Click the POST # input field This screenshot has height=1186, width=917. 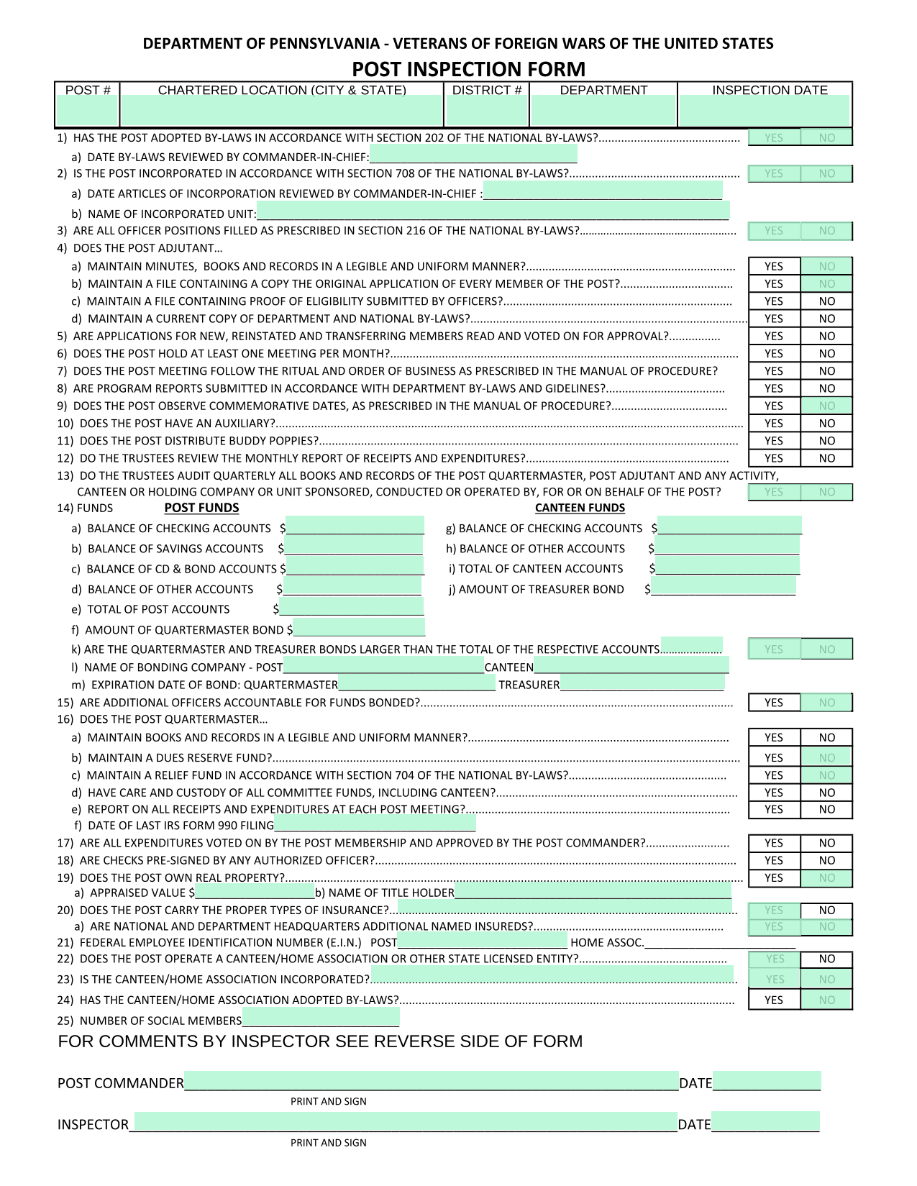(87, 111)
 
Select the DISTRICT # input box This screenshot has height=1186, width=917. (487, 111)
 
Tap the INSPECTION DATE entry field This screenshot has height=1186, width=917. (765, 111)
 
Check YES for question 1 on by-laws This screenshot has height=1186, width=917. (774, 137)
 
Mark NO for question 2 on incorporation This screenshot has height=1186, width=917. (827, 173)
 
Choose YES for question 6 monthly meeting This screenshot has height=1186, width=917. (774, 354)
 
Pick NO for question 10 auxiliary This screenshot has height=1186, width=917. (827, 424)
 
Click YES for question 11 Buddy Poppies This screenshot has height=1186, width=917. (774, 441)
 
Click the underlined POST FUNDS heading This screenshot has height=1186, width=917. (201, 508)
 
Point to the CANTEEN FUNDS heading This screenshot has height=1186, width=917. (580, 508)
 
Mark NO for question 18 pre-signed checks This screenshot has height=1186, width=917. (827, 860)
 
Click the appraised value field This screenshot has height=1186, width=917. (255, 892)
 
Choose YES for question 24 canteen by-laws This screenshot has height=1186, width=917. (774, 1000)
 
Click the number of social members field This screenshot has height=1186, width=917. (321, 1018)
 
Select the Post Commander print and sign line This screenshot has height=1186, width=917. (431, 1081)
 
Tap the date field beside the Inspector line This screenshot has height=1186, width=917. (765, 1122)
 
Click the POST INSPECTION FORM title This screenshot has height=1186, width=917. (468, 69)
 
